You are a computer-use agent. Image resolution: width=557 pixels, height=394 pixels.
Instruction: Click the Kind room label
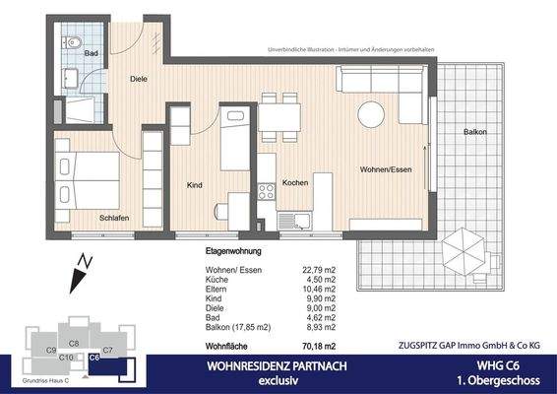[195, 184]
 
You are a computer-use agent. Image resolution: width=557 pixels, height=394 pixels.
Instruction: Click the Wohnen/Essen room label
[385, 168]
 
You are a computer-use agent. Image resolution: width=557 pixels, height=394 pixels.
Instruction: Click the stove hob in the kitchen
[266, 191]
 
